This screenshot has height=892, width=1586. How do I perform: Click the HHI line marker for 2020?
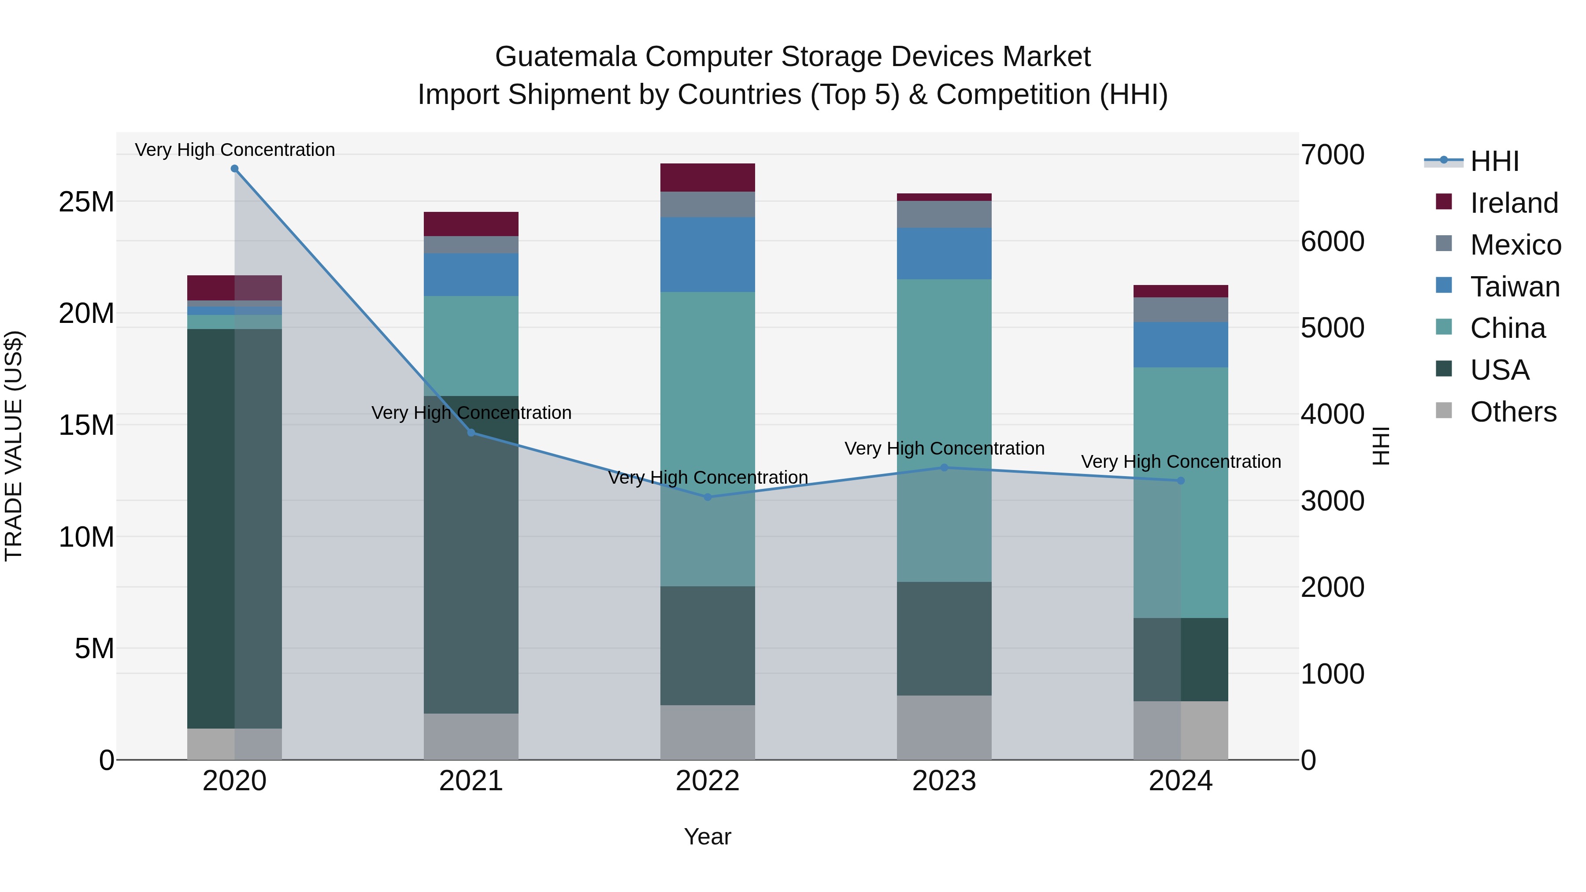tap(234, 169)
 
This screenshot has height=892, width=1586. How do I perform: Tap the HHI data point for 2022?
tap(708, 497)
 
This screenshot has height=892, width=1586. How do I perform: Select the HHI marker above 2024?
tap(1180, 481)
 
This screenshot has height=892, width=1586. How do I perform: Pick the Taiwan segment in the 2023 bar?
tap(944, 254)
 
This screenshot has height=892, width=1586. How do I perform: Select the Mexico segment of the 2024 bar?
tap(1180, 310)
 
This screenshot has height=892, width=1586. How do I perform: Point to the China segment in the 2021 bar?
tap(471, 345)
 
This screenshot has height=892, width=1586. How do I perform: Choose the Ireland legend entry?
tap(1513, 203)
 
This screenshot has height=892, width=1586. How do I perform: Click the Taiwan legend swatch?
tap(1444, 285)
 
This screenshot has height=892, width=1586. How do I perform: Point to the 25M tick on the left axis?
tap(86, 202)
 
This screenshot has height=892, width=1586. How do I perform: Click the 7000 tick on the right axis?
tap(1332, 155)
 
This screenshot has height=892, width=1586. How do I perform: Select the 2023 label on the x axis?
tap(944, 781)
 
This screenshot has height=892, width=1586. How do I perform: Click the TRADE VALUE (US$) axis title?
tap(14, 446)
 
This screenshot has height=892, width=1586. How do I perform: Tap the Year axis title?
tap(708, 836)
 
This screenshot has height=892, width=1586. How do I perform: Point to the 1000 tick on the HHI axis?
tap(1332, 674)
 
